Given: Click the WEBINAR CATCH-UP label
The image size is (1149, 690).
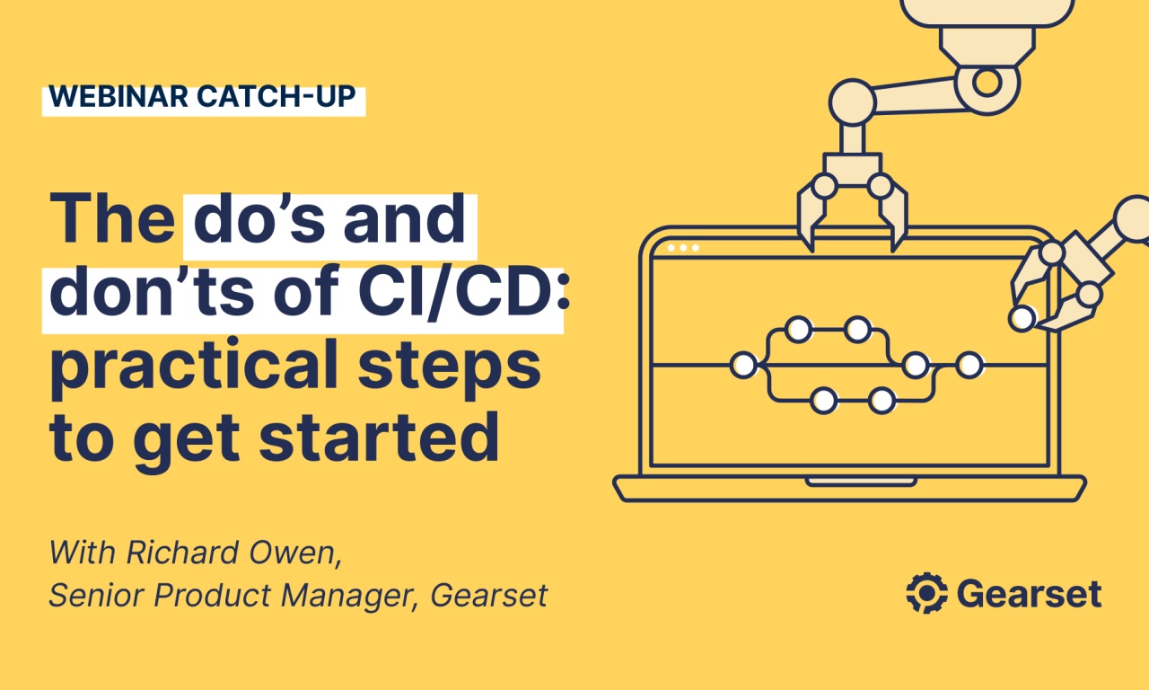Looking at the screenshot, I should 203,98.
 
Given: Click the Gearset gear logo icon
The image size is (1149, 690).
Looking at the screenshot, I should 927,593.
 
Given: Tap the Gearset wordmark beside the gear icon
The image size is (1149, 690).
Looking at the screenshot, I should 1029,593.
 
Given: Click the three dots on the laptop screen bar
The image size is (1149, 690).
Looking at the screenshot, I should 683,247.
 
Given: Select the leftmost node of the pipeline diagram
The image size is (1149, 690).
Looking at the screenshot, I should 743,365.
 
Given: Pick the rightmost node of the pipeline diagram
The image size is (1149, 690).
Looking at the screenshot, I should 969,365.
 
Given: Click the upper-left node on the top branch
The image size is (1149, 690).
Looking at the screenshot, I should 797,330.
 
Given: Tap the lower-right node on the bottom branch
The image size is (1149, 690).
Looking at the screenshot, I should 881,400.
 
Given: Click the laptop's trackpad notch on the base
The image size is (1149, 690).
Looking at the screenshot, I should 849,482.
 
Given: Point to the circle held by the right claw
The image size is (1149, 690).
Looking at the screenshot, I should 1022,317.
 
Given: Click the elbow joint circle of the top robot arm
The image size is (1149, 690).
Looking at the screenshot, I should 850,101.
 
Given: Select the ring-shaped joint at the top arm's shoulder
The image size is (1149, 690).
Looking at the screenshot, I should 987,83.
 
